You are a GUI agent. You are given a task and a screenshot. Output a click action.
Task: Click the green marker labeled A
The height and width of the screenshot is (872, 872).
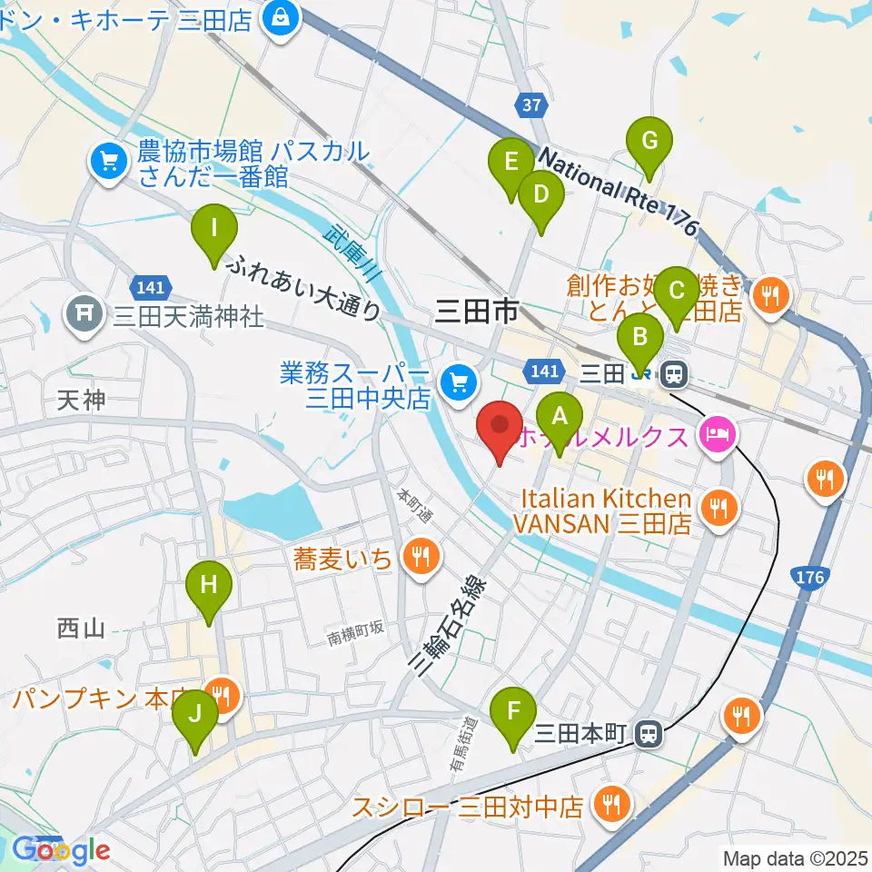click(x=560, y=418)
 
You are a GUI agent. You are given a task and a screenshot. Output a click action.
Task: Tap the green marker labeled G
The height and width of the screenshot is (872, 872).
click(x=649, y=142)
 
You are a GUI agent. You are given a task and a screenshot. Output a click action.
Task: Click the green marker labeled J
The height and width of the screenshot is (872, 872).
click(x=195, y=715)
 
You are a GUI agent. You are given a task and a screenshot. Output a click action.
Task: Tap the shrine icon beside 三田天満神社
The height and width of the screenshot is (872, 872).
click(x=85, y=314)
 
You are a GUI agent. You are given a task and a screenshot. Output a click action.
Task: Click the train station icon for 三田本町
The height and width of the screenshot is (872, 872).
click(x=648, y=732)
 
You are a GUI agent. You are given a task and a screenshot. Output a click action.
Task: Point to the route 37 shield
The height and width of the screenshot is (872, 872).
click(x=531, y=105)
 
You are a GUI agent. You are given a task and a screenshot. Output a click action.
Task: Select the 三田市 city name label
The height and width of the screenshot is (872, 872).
click(x=476, y=312)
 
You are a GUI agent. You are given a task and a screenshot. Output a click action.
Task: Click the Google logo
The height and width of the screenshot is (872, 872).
click(x=61, y=849)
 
